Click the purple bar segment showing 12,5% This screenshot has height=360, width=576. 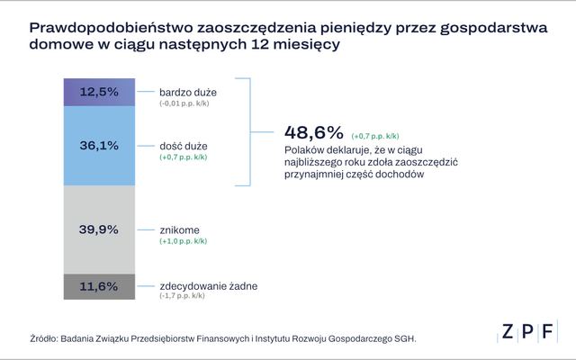click(99, 92)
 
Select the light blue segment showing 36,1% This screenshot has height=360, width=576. click(99, 145)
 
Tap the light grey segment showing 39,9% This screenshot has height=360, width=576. click(99, 229)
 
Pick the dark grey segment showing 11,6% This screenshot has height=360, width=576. click(99, 286)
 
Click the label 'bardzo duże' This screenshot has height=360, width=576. click(187, 92)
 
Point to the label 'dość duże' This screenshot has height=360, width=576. click(183, 145)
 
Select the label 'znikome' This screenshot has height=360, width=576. click(180, 229)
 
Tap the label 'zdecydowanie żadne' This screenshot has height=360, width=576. click(209, 286)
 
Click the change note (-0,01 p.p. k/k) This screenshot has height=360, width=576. click(185, 103)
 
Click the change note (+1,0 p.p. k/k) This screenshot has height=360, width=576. click(184, 241)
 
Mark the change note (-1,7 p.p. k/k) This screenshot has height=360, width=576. click(183, 297)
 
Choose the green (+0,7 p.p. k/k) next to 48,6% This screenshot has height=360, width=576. click(376, 132)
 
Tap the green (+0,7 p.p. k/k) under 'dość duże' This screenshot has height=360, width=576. click(184, 157)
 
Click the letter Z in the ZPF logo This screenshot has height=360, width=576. click(507, 331)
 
